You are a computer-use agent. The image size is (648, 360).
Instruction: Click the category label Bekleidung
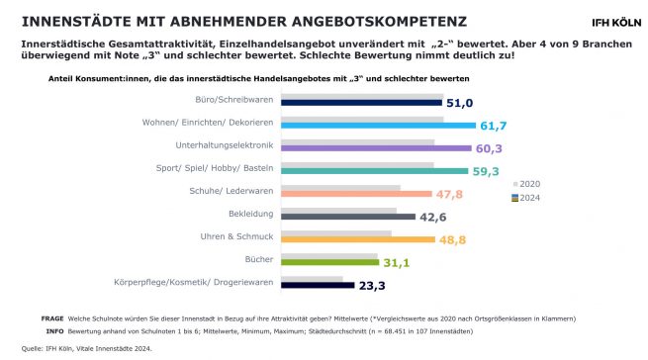click(254, 213)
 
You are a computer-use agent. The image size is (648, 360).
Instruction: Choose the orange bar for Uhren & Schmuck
click(357, 239)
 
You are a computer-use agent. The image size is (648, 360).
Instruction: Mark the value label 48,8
click(452, 239)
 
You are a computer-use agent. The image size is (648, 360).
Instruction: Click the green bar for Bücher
click(330, 262)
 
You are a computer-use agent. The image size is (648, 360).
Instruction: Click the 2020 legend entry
click(530, 185)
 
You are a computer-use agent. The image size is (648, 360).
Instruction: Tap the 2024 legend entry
click(530, 197)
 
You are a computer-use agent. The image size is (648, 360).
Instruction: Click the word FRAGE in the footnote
click(51, 318)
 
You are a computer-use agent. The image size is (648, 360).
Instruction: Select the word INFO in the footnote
click(55, 332)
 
